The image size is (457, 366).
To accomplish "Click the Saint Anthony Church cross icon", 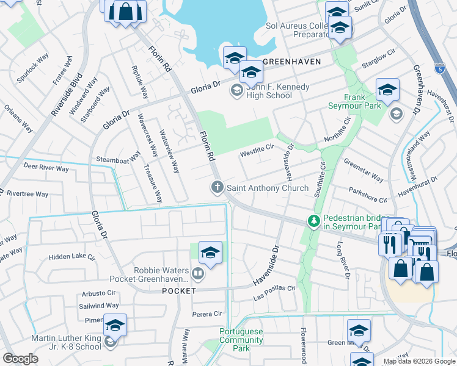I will point(217,187).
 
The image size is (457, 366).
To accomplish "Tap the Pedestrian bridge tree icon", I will point(315,220).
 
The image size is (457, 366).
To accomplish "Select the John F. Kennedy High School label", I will point(269,91).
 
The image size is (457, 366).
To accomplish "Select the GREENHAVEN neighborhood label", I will point(288,62).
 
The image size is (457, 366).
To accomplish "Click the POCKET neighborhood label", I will point(178,291).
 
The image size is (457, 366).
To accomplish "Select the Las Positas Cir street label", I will point(274,297).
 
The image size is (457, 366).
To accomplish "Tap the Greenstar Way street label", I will point(363,171).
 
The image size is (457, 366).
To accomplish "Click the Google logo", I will point(20,359).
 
